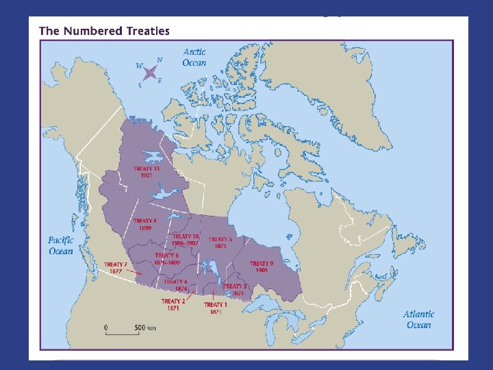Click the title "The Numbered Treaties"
click(104, 31)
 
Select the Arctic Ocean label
click(194, 57)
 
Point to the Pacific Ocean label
click(60, 245)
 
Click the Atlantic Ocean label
click(419, 319)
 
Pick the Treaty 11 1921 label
click(147, 171)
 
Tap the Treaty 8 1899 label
click(144, 224)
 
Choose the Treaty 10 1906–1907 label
click(186, 239)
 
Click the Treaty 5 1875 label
click(220, 243)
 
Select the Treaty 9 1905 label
click(262, 267)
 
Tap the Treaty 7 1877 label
click(115, 267)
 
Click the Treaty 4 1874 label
click(175, 285)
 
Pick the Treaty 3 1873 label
click(235, 289)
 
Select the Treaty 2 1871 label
click(173, 305)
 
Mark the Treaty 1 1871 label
click(215, 308)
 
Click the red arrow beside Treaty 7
click(135, 272)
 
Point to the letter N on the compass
click(160, 60)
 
